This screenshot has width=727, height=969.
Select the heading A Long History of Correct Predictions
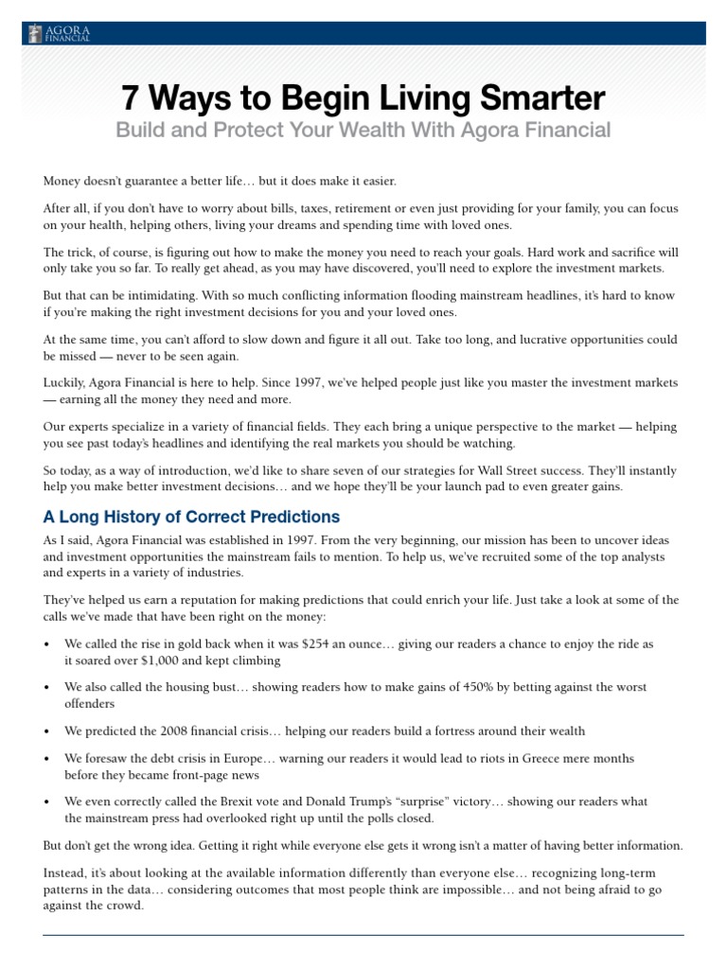(191, 517)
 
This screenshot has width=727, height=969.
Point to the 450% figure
(440, 687)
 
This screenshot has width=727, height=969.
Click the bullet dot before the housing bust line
(47, 688)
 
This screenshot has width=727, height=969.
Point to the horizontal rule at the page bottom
(363, 936)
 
